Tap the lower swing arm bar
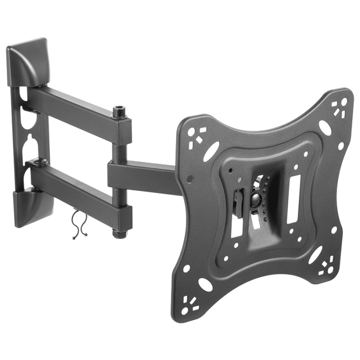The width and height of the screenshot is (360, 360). tap(77, 190)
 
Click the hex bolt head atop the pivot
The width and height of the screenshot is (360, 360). tap(119, 111)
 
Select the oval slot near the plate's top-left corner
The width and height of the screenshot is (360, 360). tap(211, 151)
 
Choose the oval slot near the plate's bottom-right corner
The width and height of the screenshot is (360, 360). tap(315, 254)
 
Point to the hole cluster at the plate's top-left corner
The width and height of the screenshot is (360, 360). tap(196, 135)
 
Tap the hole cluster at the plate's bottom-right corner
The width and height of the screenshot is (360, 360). tap(326, 267)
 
